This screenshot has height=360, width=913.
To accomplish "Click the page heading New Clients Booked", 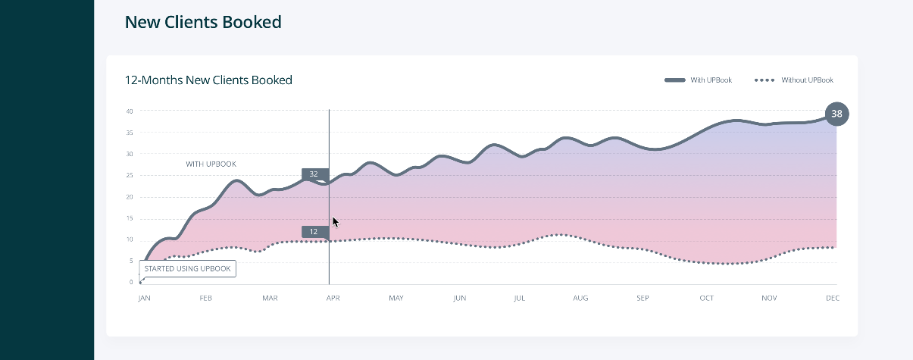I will [x=203, y=23].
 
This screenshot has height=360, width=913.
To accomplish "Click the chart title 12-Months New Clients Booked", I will [x=208, y=80].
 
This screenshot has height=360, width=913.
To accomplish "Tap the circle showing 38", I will [x=836, y=114].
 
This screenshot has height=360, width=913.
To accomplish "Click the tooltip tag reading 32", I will [x=314, y=174].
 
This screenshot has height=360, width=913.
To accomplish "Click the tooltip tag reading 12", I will [x=314, y=232].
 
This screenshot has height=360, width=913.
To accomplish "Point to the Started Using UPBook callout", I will [x=187, y=268].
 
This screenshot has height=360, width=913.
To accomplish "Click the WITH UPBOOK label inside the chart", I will [x=211, y=164].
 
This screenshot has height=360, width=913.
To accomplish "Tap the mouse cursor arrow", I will [x=335, y=221].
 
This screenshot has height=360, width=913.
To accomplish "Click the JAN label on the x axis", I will [x=144, y=299].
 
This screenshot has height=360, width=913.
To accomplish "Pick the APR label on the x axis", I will [x=333, y=299].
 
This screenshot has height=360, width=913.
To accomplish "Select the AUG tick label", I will [x=580, y=299].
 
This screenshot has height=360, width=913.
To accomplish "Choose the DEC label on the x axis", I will [x=832, y=299].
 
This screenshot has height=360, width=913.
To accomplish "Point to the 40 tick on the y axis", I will [x=130, y=111].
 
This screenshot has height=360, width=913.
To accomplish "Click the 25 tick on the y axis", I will [x=130, y=176].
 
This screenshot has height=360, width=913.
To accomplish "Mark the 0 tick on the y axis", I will [x=131, y=283].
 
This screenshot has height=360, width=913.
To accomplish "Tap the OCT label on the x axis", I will [x=707, y=299].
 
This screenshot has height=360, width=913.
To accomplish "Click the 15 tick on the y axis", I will [x=130, y=218].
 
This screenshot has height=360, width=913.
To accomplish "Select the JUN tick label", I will [x=459, y=299].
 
